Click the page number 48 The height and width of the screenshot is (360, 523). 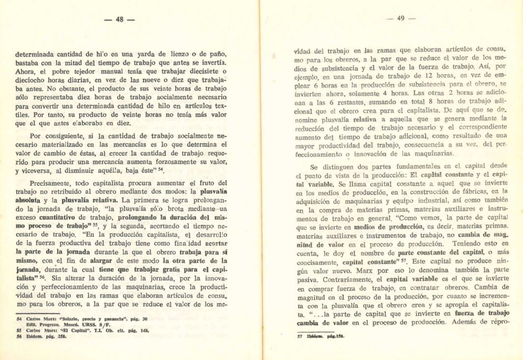point(119,20)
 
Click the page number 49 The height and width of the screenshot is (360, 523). point(400,19)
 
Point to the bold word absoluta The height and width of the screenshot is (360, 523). point(31,200)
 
